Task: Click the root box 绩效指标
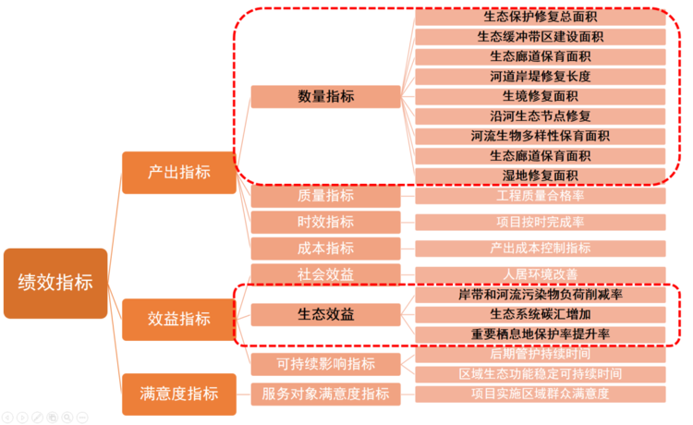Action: pos(55,284)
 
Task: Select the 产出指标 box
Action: pos(179,173)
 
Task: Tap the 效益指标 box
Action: pos(179,319)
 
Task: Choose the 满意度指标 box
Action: pos(179,394)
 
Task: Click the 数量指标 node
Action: pos(325,96)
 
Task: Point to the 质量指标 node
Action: pos(325,196)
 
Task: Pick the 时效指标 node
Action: pos(325,222)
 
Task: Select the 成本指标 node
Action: pos(325,248)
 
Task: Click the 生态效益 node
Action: pos(325,315)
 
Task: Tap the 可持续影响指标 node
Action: pos(325,364)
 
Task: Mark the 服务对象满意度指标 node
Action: pos(325,395)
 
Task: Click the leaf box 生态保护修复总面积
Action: pos(541,17)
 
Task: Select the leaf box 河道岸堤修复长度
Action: pos(541,76)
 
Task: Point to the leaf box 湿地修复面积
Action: pos(541,176)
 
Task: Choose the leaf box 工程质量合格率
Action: pos(541,196)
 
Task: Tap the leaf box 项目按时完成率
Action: pos(541,222)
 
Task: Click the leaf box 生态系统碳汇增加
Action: pos(541,314)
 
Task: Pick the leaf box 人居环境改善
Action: pos(541,273)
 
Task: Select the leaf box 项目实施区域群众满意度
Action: pos(541,395)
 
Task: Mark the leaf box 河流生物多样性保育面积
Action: pos(541,136)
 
